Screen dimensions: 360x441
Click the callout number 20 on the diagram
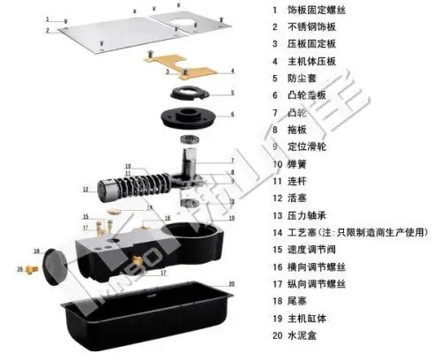coord(231,283)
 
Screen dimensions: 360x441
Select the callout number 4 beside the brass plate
coord(232,70)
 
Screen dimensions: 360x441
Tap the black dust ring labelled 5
coord(186,94)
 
